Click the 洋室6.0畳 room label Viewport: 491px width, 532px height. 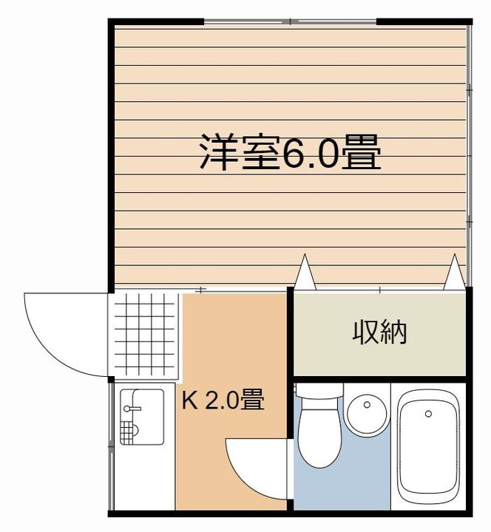click(290, 153)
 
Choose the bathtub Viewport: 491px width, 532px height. click(429, 449)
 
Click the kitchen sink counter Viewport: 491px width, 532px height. click(142, 417)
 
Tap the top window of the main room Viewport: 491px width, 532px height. click(290, 21)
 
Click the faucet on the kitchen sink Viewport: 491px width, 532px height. click(132, 408)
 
